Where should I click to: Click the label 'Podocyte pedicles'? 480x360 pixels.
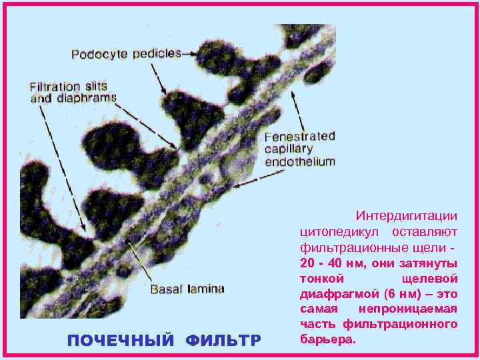point(126,53)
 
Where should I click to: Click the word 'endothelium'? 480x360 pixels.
point(300,161)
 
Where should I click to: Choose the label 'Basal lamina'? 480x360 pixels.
point(187,289)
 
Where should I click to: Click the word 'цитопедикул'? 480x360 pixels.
point(339,231)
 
